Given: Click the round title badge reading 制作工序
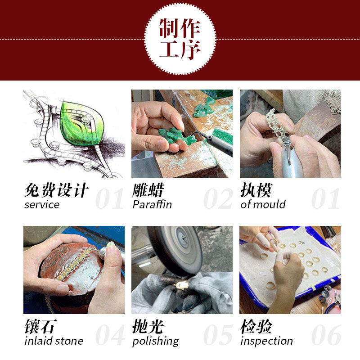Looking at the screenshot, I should pos(180,39).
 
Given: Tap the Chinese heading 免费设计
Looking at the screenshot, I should pos(56,190).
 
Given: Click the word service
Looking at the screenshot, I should pos(42,205).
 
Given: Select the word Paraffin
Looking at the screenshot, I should pos(152,205).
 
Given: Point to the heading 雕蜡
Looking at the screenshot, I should pos(148,190).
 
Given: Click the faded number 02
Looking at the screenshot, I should pos(217,198).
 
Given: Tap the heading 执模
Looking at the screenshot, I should pos(256,190).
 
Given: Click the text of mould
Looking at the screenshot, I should pos(263,205).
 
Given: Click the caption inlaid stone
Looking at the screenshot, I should pos(54,341).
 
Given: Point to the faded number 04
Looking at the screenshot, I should pos(109,335).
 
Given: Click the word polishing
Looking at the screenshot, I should pos(156,341).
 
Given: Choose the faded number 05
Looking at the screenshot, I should pos(217,335).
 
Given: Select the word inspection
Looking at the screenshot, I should pos(267,341).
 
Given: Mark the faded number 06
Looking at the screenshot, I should pos(325,335).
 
